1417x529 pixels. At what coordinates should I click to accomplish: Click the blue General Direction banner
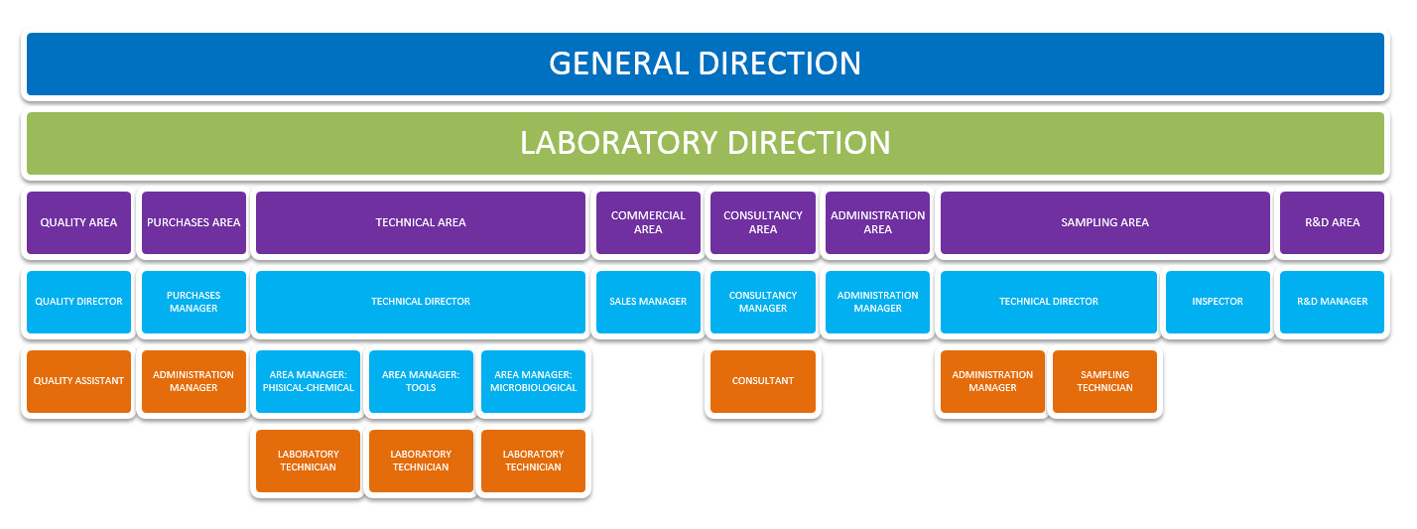click(x=706, y=64)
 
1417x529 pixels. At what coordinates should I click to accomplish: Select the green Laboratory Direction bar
click(x=706, y=143)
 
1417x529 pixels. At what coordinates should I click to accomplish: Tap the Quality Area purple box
click(x=78, y=222)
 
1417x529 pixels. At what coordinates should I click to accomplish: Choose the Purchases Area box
click(x=193, y=222)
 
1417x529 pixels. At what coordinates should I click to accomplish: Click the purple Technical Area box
click(x=421, y=222)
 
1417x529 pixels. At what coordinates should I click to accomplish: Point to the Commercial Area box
click(x=648, y=222)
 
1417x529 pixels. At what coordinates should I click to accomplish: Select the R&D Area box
click(x=1333, y=222)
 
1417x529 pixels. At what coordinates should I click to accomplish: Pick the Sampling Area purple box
click(x=1105, y=222)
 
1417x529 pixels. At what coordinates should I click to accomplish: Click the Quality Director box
click(x=78, y=302)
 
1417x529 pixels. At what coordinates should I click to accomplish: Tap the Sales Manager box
click(x=648, y=302)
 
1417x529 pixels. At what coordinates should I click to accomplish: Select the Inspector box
click(x=1218, y=302)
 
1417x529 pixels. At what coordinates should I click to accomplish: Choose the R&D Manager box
click(x=1333, y=302)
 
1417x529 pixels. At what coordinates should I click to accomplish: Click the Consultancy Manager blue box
click(x=763, y=302)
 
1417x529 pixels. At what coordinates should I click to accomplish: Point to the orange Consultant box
click(x=763, y=381)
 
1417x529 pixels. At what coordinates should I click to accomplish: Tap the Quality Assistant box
click(x=78, y=381)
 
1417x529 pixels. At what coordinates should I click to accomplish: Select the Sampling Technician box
click(x=1105, y=381)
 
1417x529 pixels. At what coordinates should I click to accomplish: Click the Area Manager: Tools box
click(x=421, y=381)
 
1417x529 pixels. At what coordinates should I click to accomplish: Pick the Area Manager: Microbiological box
click(x=533, y=381)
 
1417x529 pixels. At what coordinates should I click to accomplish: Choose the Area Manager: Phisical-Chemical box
click(x=308, y=381)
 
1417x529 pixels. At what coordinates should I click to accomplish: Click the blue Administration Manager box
click(x=877, y=302)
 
